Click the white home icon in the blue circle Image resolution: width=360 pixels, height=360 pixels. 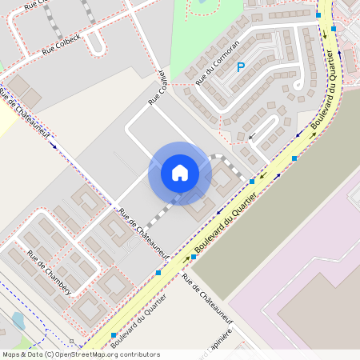coord(180,172)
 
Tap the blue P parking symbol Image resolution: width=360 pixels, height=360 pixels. coord(240,68)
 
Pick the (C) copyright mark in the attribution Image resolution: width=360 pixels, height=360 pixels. coord(50,354)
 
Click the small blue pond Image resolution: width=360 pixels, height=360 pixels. coord(18,321)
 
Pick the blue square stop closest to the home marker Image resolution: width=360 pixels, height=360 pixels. coord(252,182)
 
